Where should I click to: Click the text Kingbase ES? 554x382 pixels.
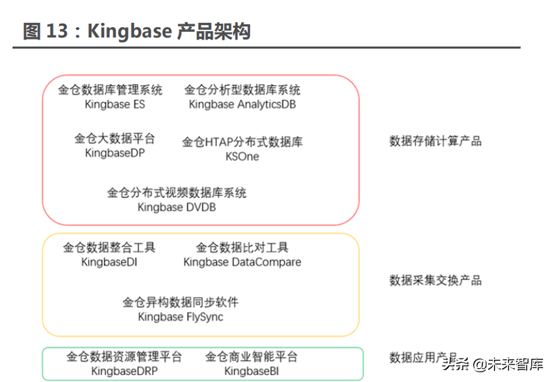pos(115,104)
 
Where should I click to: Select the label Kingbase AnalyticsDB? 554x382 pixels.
pos(242,104)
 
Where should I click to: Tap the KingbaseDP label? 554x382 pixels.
pos(115,153)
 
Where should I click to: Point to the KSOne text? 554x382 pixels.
pos(242,156)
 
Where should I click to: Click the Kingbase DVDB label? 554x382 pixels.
pos(177,207)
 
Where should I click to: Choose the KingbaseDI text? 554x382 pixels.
pos(109,262)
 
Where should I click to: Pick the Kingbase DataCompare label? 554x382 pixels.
pos(242,262)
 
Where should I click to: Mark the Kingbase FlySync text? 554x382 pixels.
pos(181,317)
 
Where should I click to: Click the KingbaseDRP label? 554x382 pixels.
pos(124,371)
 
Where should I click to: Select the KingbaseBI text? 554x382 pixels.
pos(251,371)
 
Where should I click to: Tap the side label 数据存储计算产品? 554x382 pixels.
pos(435,141)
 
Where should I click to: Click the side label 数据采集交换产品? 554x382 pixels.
pos(435,281)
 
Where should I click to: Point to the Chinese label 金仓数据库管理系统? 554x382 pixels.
pos(110,90)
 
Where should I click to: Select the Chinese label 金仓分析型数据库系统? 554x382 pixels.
pos(242,90)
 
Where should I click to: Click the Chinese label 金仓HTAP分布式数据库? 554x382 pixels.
pos(242,142)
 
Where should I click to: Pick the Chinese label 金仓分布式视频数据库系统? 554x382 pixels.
pos(177,193)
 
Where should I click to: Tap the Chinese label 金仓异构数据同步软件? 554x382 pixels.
pos(181,303)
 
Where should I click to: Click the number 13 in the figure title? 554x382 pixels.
pos(58,31)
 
